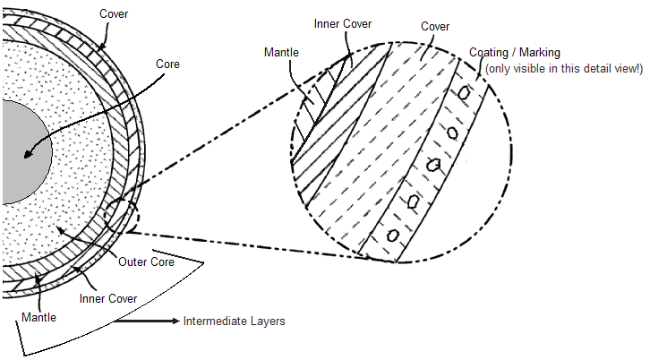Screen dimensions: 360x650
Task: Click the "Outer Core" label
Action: click(x=146, y=261)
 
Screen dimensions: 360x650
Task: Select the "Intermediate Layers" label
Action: click(x=234, y=321)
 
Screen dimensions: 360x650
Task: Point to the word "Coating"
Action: click(x=490, y=52)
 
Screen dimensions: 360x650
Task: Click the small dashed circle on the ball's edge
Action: click(x=120, y=216)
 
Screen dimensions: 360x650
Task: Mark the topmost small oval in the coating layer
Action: click(x=465, y=93)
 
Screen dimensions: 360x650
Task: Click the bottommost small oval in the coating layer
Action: click(x=392, y=235)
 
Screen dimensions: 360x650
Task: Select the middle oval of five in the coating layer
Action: click(x=434, y=166)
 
